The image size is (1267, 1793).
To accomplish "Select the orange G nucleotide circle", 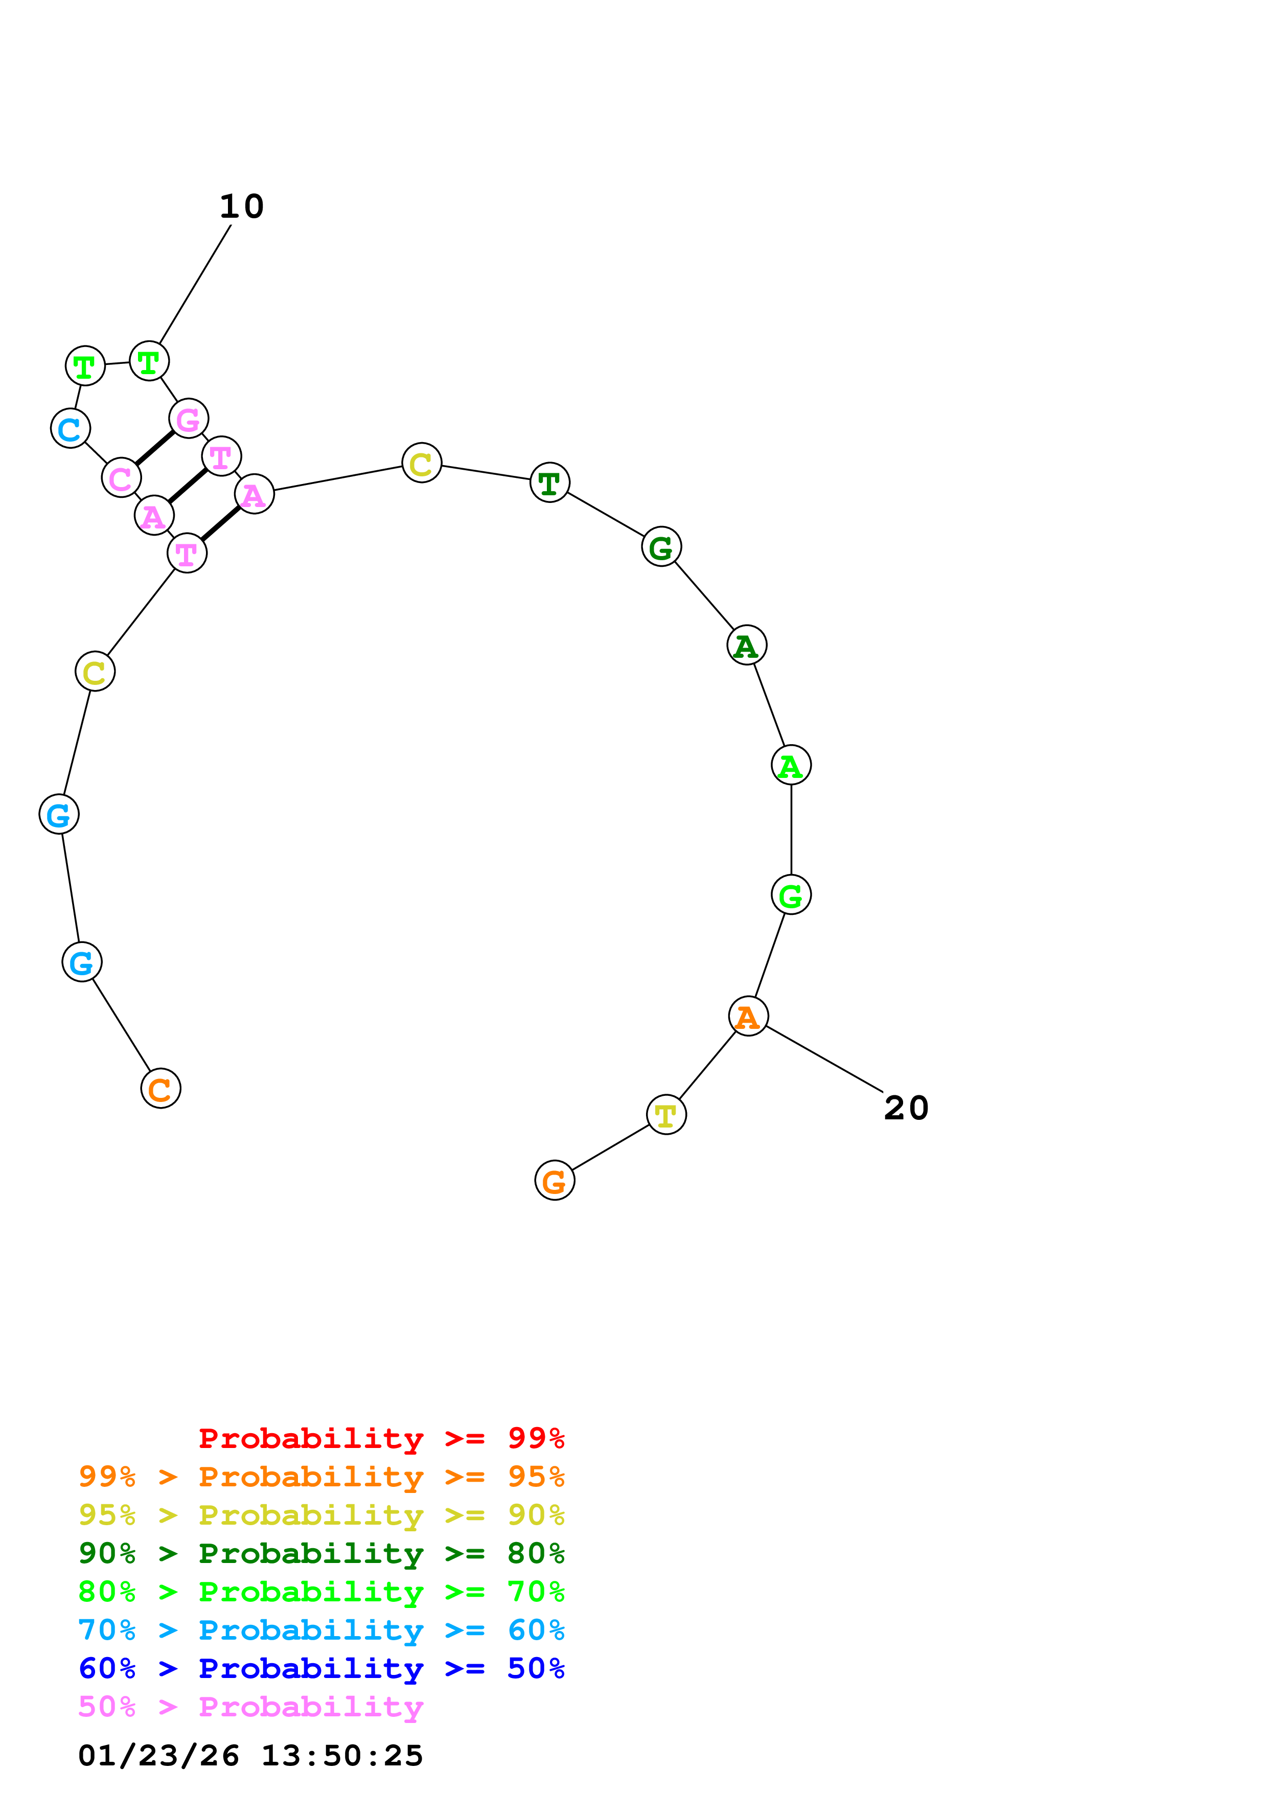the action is (554, 1180).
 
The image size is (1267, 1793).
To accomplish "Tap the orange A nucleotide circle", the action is (748, 1016).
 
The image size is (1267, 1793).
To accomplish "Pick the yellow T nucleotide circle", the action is (666, 1114).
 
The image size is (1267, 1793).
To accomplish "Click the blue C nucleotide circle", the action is (70, 428).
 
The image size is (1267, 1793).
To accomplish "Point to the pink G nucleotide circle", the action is (188, 419).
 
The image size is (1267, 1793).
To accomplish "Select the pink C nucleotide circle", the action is (121, 477).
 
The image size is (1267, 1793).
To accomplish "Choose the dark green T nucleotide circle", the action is (549, 482).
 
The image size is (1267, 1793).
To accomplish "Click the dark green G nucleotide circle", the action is (661, 547).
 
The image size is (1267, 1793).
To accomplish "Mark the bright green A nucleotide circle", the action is (791, 765).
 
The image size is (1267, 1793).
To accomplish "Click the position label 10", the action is (242, 206).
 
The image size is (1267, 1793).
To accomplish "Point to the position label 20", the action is (906, 1108).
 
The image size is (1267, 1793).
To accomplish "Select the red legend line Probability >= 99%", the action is (381, 1438).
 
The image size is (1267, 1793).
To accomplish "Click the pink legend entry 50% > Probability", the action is (250, 1706).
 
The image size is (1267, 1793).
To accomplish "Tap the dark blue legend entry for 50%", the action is (321, 1668).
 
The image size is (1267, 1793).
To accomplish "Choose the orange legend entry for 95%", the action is (321, 1476).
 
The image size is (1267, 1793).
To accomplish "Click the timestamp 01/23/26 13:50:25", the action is (250, 1755).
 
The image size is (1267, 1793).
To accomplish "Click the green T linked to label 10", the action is (149, 361).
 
